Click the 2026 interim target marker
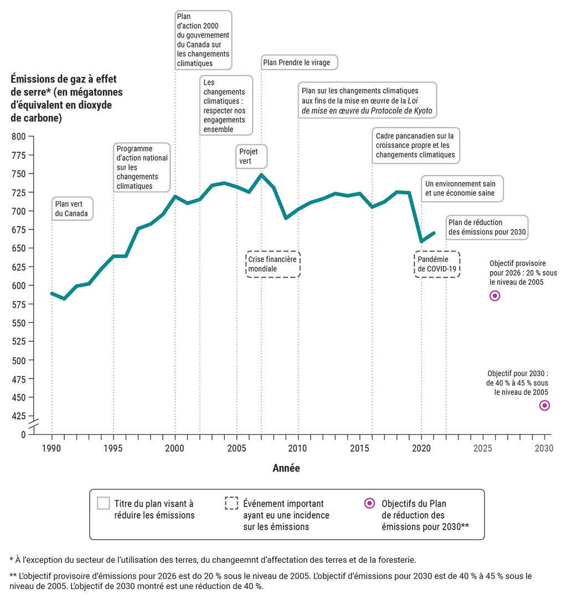(x=494, y=296)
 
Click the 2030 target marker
(x=544, y=406)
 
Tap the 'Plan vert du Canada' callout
(x=72, y=208)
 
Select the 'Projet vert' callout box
(x=252, y=156)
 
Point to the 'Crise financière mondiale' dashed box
(x=273, y=264)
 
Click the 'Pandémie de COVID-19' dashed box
(x=437, y=264)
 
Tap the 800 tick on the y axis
(x=19, y=136)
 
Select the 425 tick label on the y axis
(x=19, y=416)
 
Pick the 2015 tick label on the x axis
(x=360, y=448)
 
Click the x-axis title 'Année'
(x=286, y=468)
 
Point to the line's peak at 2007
(x=261, y=175)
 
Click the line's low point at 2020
(x=421, y=241)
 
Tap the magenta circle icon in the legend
(x=369, y=503)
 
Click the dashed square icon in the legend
(x=231, y=503)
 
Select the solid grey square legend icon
(x=103, y=503)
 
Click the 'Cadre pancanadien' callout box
(x=415, y=145)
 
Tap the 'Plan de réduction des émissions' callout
(x=486, y=228)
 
